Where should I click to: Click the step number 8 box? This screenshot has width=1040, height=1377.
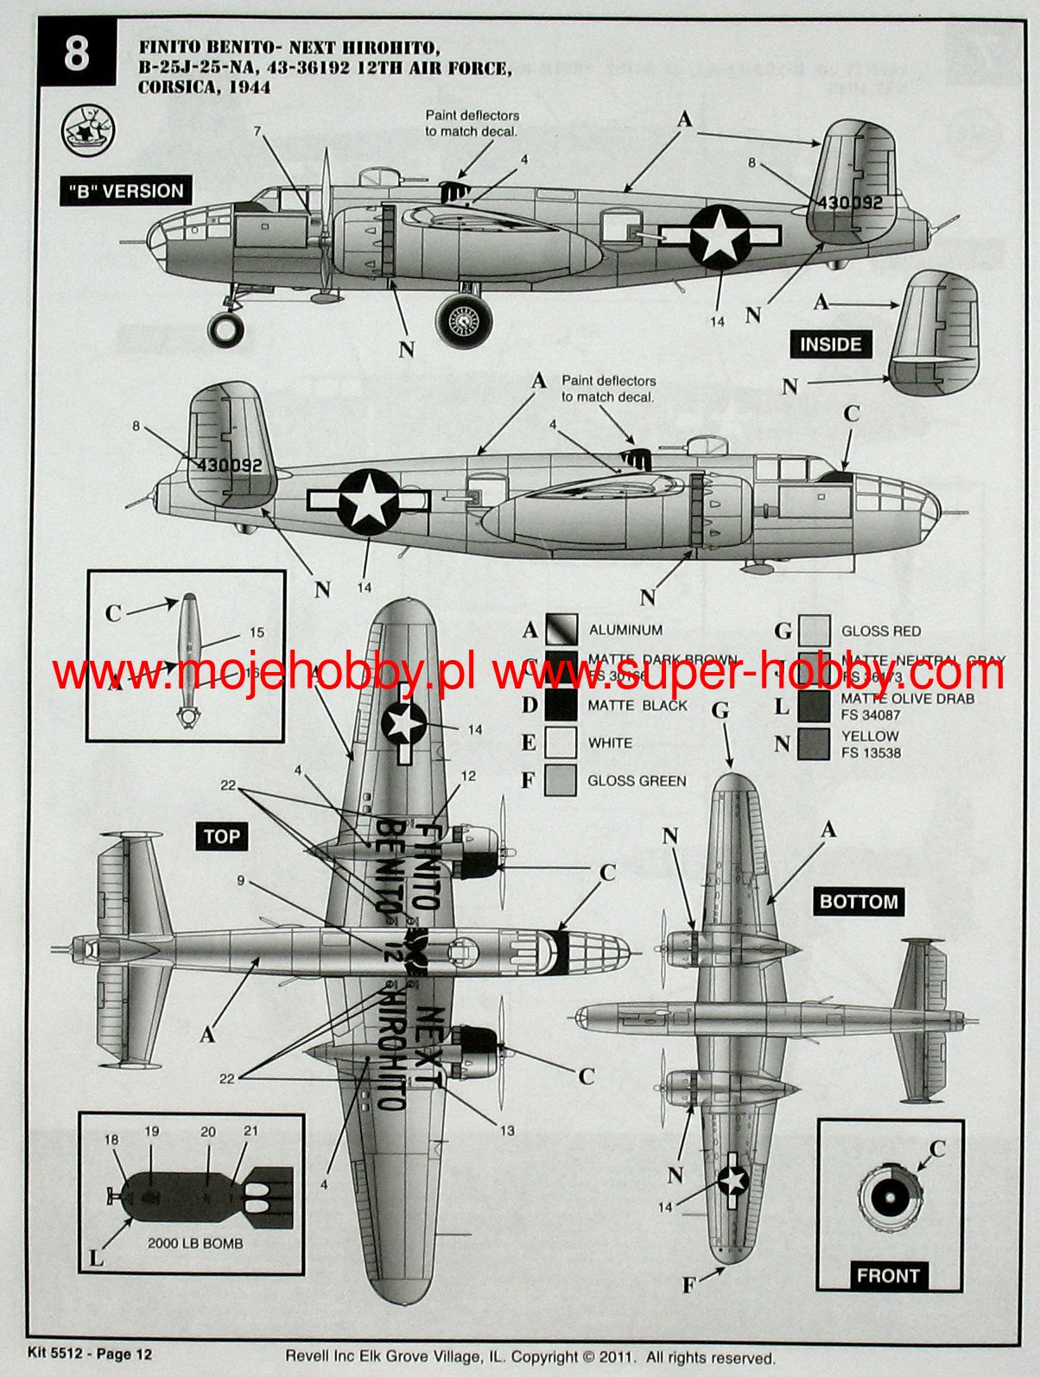[x=76, y=55]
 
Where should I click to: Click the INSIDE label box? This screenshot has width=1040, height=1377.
[x=830, y=345]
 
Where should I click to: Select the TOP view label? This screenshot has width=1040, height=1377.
[x=222, y=836]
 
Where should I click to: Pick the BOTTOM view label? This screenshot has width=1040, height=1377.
[x=859, y=902]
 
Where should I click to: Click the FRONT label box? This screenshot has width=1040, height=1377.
[x=888, y=1275]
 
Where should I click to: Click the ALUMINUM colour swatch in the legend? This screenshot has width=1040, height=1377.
[x=561, y=631]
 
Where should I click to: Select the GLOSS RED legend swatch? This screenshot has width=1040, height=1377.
[x=815, y=631]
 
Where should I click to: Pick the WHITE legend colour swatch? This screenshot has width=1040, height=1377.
[x=561, y=743]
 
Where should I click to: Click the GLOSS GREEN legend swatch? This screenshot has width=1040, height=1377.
[x=561, y=780]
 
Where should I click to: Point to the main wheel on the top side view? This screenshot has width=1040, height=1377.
[x=466, y=320]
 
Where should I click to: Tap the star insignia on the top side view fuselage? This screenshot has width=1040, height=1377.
[x=720, y=233]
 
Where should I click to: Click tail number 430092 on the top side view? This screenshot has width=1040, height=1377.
[x=850, y=202]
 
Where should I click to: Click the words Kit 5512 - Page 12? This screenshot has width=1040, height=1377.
[x=83, y=1354]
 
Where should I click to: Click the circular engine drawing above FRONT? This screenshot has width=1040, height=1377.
[x=887, y=1198]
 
